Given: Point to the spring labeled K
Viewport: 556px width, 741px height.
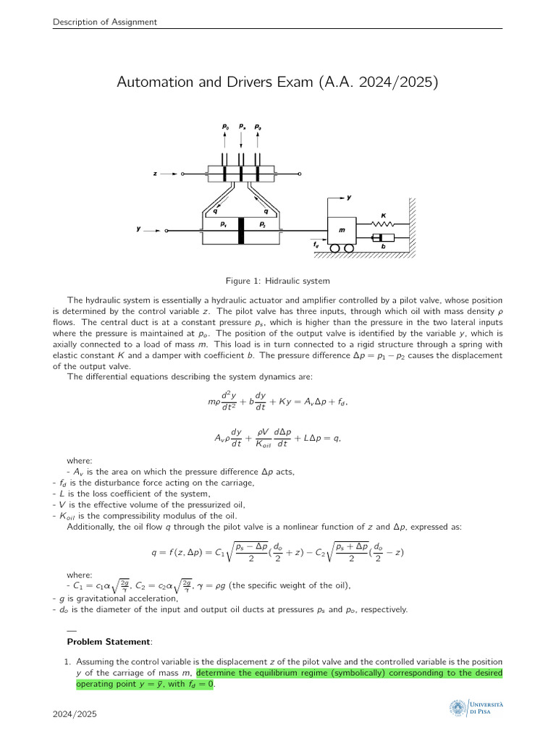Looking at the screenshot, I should point(384,224).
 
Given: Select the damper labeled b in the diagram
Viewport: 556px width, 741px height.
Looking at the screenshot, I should point(383,238).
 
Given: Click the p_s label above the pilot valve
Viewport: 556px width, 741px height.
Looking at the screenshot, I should point(242,127).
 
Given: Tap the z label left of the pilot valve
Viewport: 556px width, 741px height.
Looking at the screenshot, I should point(155,174).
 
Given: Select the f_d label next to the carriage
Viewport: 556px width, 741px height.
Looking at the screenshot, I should point(316,245).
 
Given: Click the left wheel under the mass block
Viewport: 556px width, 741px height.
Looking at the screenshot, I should point(335,248).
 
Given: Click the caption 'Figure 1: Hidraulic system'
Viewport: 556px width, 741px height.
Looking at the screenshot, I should point(277,281).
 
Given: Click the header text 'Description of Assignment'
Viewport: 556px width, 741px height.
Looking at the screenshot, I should point(105,22).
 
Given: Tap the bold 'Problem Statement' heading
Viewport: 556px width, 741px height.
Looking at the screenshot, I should point(109,641).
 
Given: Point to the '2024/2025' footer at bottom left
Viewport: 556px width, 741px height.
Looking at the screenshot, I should point(75,715).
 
